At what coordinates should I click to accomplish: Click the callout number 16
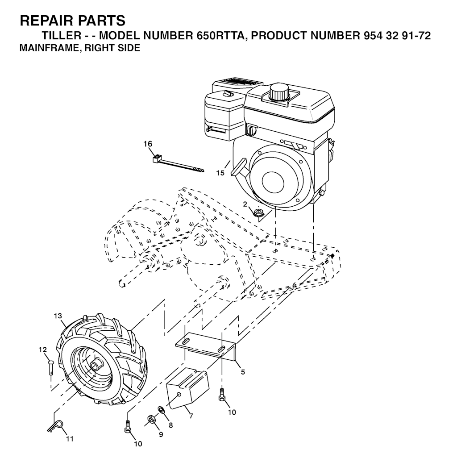point(148,144)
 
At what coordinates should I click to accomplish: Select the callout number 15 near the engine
point(220,173)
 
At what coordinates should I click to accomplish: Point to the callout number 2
point(245,204)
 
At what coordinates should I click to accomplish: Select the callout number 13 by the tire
point(58,316)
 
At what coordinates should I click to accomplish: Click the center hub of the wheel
point(96,365)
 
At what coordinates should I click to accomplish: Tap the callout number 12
point(43,350)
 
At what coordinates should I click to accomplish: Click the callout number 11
point(70,439)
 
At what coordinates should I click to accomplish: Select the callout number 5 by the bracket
point(243,372)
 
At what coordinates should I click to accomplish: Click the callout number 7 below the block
point(191,416)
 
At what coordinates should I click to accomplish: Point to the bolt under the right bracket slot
point(221,395)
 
